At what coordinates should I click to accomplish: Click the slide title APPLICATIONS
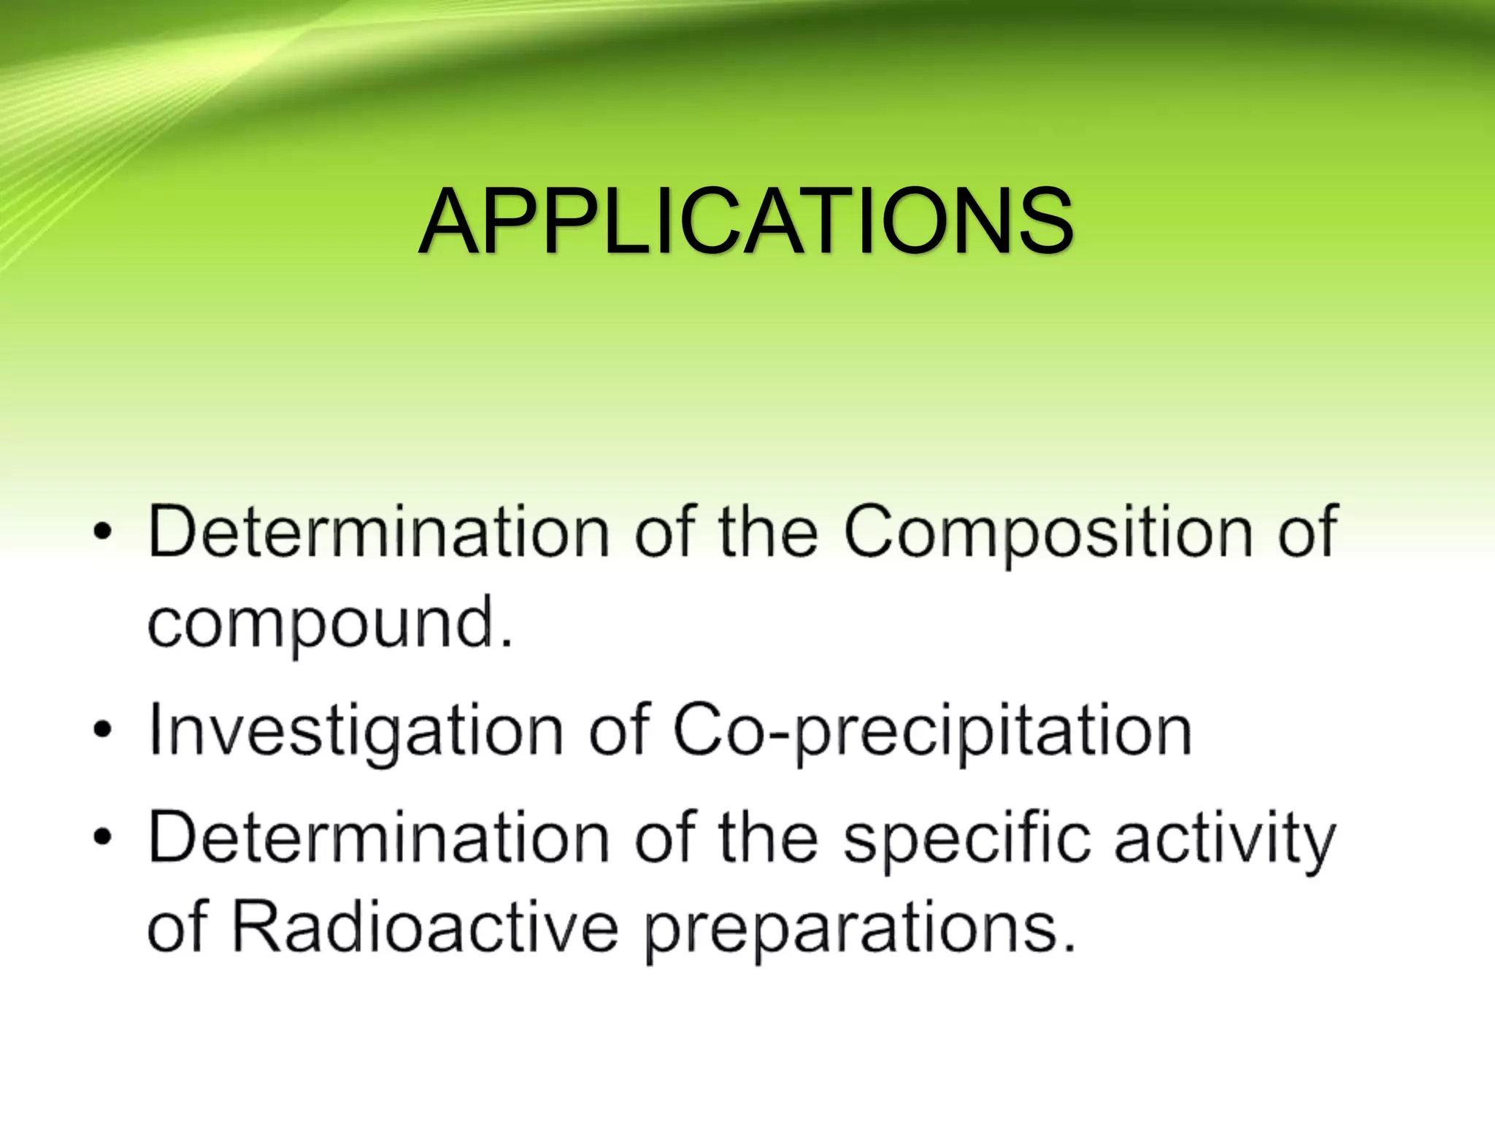tap(745, 220)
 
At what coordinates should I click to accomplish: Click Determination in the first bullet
tap(378, 531)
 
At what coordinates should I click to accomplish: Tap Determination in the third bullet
tap(378, 837)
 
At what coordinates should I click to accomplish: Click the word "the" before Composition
tap(768, 531)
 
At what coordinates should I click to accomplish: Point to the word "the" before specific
tap(768, 837)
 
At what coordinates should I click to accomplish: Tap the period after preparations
tap(1069, 947)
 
